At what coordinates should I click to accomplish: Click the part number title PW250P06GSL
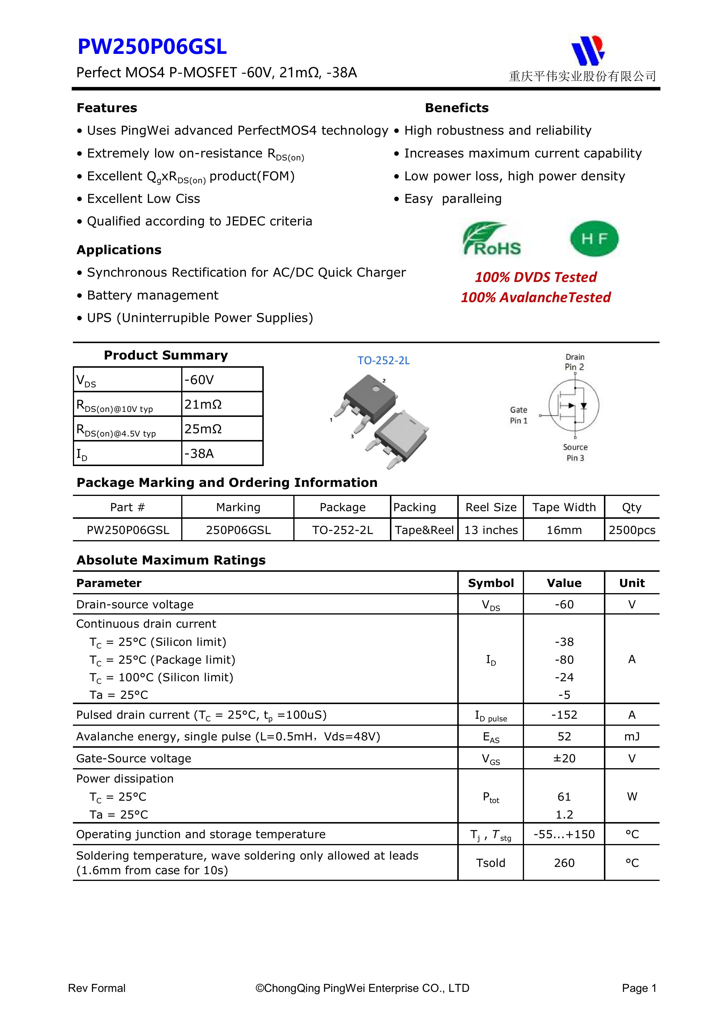pyautogui.click(x=152, y=47)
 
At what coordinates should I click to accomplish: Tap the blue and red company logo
pyautogui.click(x=588, y=50)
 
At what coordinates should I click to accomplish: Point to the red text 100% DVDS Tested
pyautogui.click(x=535, y=277)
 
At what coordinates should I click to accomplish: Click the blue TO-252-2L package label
pyautogui.click(x=383, y=360)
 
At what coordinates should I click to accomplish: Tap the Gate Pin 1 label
pyautogui.click(x=518, y=415)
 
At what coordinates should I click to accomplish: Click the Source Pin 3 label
pyautogui.click(x=575, y=452)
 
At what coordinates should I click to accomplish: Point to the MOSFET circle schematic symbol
pyautogui.click(x=573, y=405)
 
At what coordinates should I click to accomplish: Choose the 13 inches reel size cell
pyautogui.click(x=491, y=530)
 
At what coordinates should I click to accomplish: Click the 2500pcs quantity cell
pyautogui.click(x=632, y=530)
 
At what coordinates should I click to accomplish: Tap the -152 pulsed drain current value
pyautogui.click(x=564, y=715)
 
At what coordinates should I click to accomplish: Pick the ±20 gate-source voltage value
pyautogui.click(x=564, y=758)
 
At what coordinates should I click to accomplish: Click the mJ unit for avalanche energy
pyautogui.click(x=632, y=736)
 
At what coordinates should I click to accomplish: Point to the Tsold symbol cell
pyautogui.click(x=491, y=863)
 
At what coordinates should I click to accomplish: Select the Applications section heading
pyautogui.click(x=119, y=250)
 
